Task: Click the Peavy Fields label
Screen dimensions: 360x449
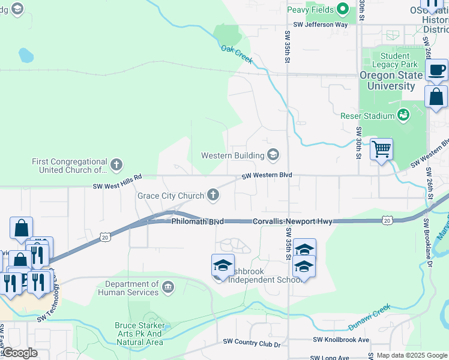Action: [x=310, y=9]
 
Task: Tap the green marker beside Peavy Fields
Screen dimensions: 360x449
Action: [x=343, y=9]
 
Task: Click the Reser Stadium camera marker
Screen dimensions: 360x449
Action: [x=404, y=114]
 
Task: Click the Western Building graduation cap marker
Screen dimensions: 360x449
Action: [x=274, y=155]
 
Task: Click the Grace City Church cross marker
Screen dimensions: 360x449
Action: [x=212, y=194]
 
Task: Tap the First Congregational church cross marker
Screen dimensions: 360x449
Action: [x=116, y=164]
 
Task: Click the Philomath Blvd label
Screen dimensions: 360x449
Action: [x=197, y=221]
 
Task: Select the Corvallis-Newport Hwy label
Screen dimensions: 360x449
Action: [x=292, y=221]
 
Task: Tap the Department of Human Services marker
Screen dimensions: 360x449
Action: [x=168, y=287]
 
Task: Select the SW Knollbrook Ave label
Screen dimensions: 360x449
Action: [x=341, y=340]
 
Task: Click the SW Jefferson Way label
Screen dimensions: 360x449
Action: [x=317, y=25]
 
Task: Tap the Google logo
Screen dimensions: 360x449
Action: [x=19, y=353]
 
